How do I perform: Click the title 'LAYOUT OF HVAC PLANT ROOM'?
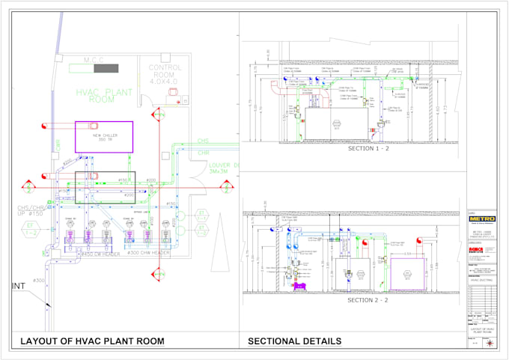pos(92,341)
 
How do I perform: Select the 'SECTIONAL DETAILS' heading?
pos(295,341)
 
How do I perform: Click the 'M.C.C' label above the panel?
pos(94,60)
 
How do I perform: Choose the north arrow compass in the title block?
pos(490,343)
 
